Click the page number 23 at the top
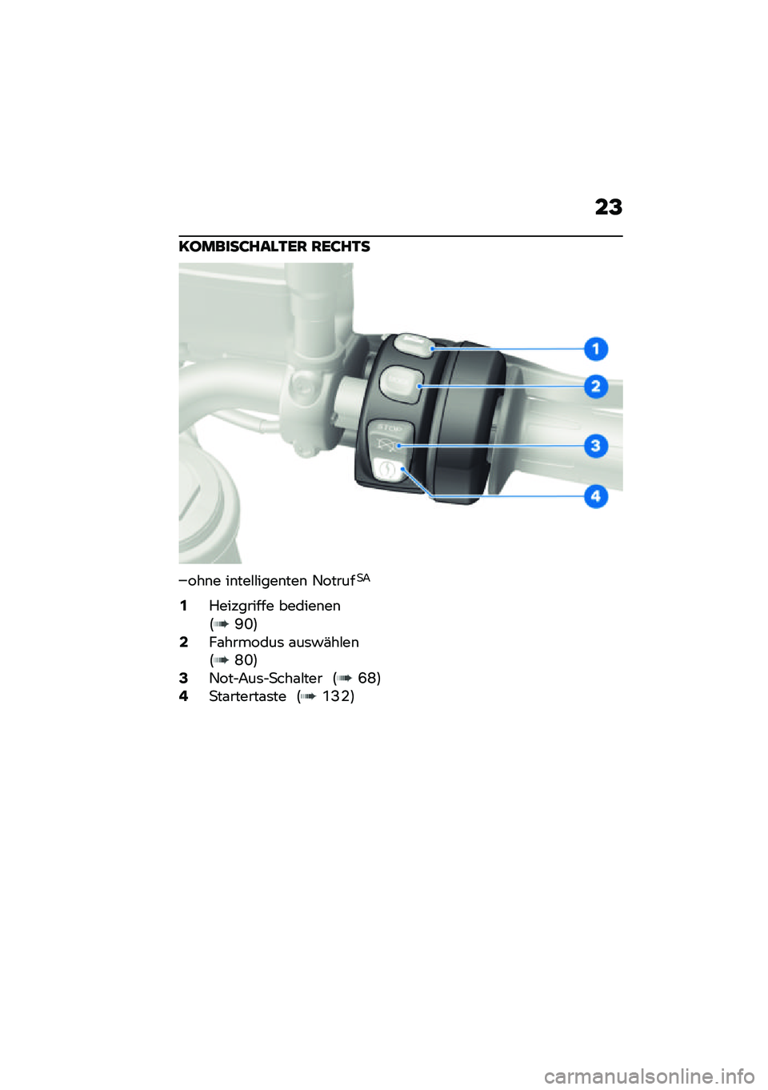point(608,207)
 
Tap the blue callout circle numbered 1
point(595,349)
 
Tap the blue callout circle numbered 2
point(595,387)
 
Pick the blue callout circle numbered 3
point(595,446)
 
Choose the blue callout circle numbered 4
point(595,496)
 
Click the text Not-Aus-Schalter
point(266,678)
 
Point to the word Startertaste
point(247,696)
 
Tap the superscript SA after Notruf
point(363,577)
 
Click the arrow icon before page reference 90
point(222,624)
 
